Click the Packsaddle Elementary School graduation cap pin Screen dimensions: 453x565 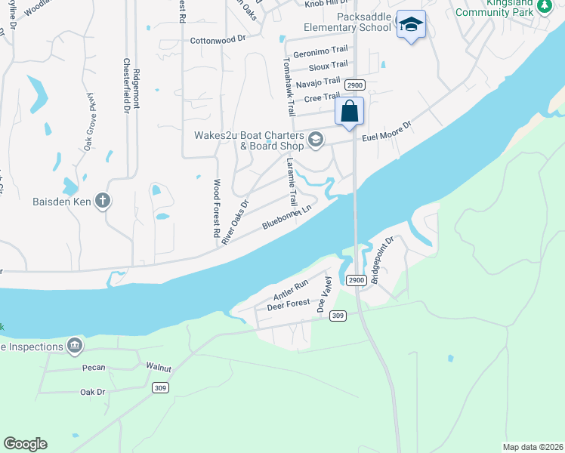[411, 25]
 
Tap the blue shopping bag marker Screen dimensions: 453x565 [349, 112]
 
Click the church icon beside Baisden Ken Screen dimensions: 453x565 [103, 202]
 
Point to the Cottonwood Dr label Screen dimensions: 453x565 [218, 39]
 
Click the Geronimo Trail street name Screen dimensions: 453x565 [320, 54]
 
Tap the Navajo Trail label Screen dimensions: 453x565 [318, 82]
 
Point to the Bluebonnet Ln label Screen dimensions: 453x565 [287, 217]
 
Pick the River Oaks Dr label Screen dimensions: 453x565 [235, 222]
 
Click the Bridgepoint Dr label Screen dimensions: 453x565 [384, 257]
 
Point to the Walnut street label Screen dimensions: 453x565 [159, 368]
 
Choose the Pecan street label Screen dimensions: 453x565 [93, 368]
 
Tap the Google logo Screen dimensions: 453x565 [25, 444]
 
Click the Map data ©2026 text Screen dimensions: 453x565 [533, 446]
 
